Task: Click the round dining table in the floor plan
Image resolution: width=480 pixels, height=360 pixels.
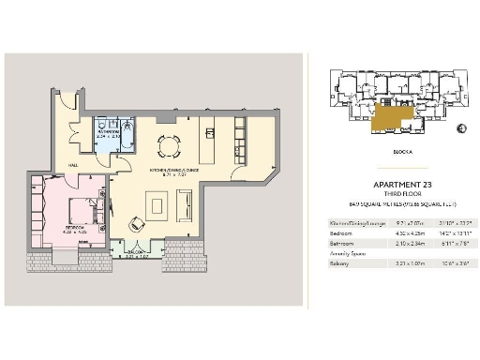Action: tap(170, 145)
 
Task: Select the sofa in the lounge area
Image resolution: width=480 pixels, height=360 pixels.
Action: tap(185, 203)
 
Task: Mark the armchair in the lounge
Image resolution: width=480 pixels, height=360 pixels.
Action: tap(137, 223)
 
